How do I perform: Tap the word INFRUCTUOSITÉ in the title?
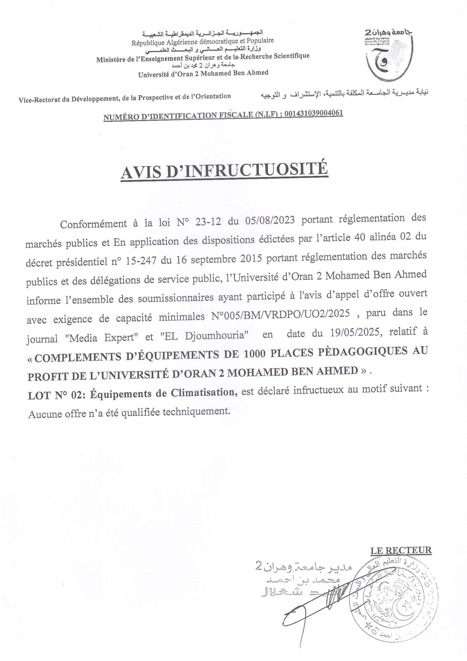[x=255, y=170]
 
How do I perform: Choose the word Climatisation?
[x=203, y=392]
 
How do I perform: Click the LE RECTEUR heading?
[x=400, y=551]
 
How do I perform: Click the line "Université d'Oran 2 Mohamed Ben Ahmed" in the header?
[x=203, y=73]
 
